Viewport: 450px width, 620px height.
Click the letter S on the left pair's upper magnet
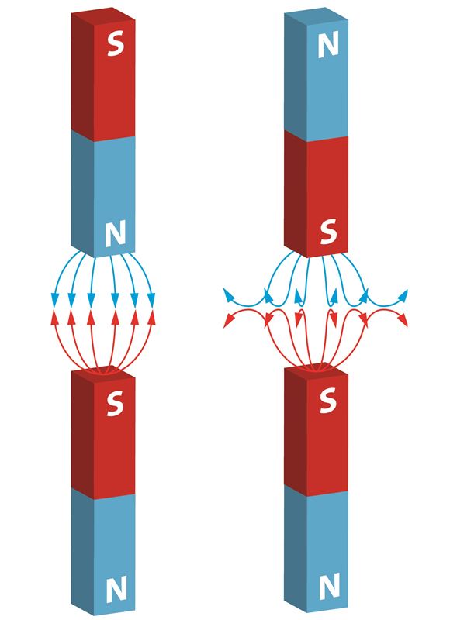point(115,43)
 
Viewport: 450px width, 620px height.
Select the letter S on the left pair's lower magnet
point(115,404)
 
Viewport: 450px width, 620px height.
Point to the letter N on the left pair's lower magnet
point(116,590)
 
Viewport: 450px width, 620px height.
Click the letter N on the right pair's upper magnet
point(328,44)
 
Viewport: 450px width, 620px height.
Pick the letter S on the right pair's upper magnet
point(328,232)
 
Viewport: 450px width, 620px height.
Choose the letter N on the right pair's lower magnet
point(329,587)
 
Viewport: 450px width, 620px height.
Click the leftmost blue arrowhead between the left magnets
point(55,299)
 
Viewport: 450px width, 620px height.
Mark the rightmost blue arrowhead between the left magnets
point(151,299)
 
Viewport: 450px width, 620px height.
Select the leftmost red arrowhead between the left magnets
point(55,318)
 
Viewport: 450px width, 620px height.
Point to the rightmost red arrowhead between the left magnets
point(151,318)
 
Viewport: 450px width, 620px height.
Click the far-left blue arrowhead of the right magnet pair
point(228,295)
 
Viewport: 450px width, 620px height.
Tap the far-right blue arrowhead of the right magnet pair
point(403,295)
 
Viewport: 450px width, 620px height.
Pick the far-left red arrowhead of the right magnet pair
point(228,321)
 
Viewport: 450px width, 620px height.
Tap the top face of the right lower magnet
point(317,369)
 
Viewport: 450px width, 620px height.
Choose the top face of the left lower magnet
point(103,372)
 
